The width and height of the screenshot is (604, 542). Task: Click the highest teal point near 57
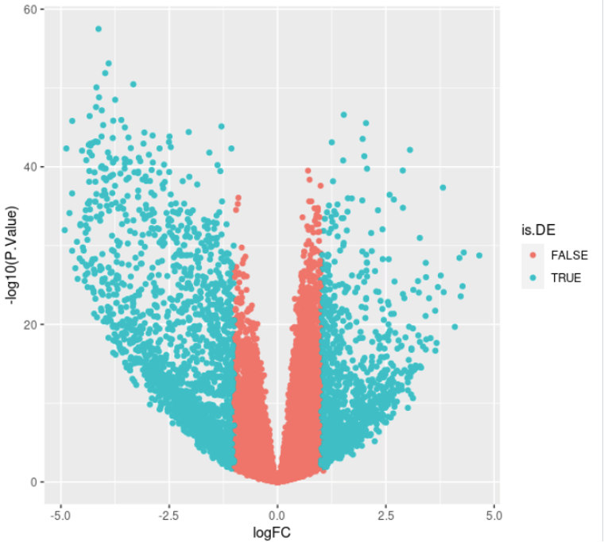pyautogui.click(x=99, y=29)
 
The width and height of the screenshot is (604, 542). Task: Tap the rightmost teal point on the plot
pyautogui.click(x=479, y=255)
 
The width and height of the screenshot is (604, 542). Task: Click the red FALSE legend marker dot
pyautogui.click(x=532, y=254)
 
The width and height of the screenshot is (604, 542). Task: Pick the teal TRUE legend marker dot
pyautogui.click(x=532, y=278)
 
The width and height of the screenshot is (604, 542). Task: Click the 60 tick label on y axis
pyautogui.click(x=27, y=9)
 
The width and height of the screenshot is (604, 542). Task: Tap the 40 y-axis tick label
pyautogui.click(x=27, y=167)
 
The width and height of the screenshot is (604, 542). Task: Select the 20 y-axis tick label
pyautogui.click(x=27, y=324)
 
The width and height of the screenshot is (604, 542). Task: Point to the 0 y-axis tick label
pyautogui.click(x=30, y=482)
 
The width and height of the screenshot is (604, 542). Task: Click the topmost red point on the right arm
pyautogui.click(x=308, y=171)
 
